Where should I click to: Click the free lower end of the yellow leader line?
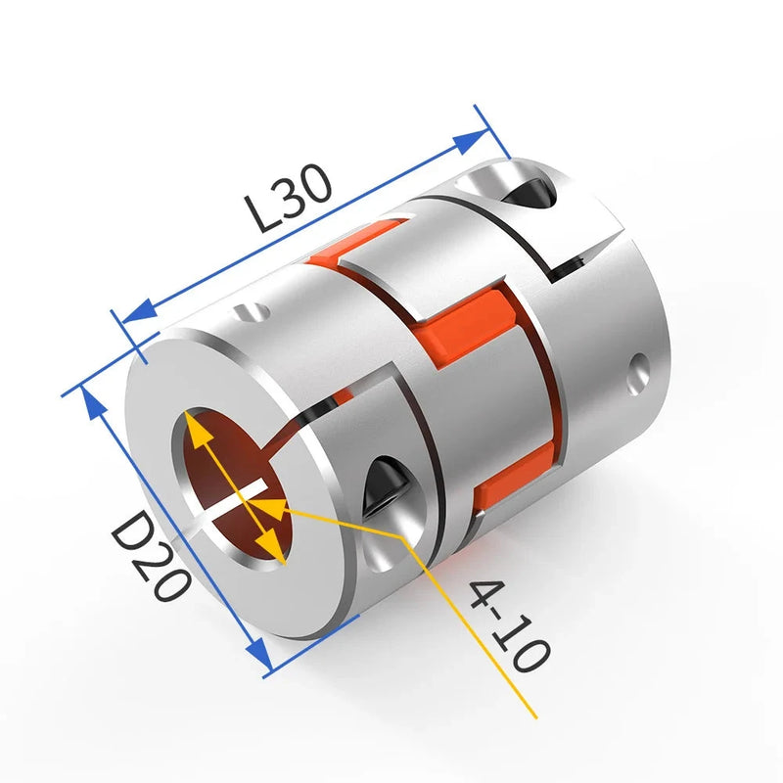[x=535, y=717]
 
